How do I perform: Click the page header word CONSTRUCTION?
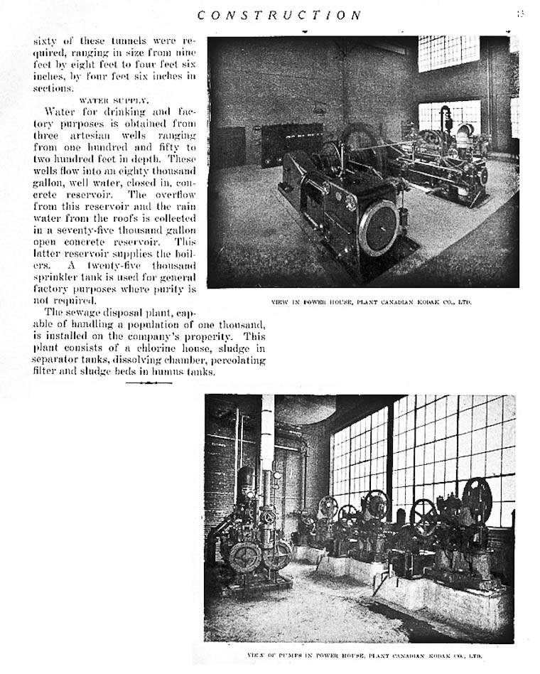(x=279, y=15)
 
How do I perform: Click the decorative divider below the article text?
(x=148, y=383)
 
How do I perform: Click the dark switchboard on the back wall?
(x=291, y=142)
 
